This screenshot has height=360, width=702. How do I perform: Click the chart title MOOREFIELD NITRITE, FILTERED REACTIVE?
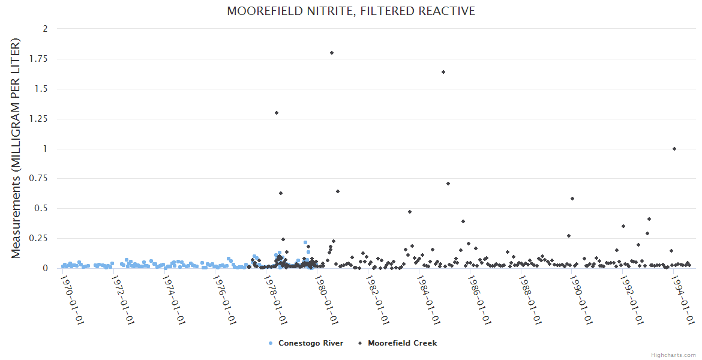[351, 11]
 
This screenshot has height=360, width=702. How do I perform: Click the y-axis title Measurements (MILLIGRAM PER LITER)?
[16, 148]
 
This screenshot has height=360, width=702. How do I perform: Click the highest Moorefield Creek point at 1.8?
[332, 53]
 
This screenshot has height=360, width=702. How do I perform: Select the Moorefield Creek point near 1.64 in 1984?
[443, 72]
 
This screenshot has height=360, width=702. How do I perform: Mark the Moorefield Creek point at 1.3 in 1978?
[277, 113]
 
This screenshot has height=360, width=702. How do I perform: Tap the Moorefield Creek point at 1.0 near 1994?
[674, 149]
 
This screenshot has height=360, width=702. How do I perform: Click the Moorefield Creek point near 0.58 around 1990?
[572, 199]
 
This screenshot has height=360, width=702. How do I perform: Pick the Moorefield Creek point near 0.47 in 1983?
[410, 212]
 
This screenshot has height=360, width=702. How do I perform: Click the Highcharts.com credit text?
[673, 355]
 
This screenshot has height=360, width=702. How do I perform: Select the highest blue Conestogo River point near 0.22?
[305, 242]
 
